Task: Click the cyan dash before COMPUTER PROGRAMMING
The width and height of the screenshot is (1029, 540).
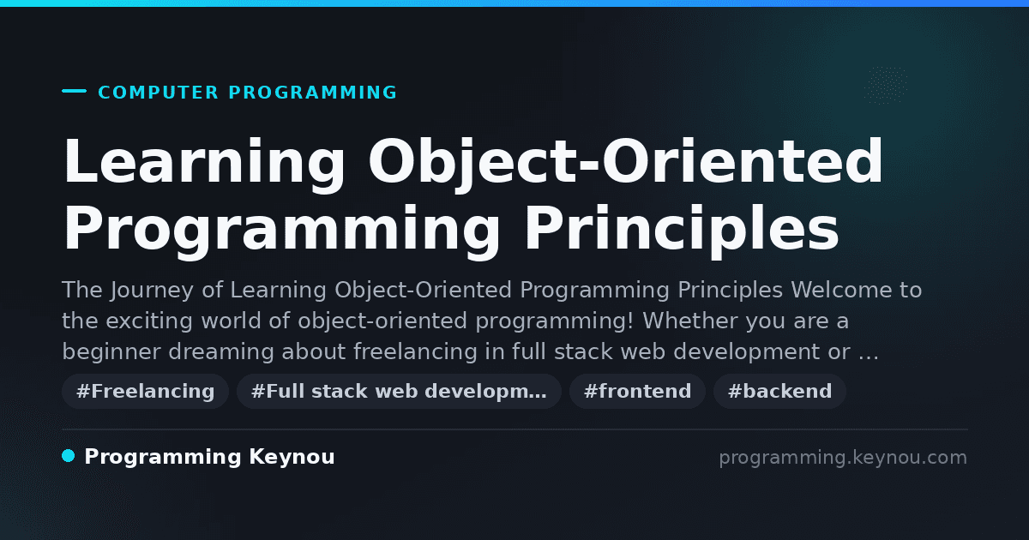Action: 74,91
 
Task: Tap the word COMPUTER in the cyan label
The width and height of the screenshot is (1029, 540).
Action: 158,93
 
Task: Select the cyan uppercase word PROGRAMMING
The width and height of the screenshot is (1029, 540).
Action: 312,93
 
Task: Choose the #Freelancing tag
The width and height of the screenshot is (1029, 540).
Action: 145,391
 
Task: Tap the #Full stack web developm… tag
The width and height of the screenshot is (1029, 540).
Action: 399,391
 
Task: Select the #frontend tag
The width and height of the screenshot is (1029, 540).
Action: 637,391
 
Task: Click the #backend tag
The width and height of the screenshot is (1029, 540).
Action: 779,391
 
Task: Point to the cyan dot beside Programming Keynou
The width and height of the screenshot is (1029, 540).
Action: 69,456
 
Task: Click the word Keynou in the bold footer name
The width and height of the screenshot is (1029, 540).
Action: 292,458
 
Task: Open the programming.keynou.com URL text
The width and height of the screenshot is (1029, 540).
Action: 843,458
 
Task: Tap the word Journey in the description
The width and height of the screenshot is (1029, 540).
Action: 152,291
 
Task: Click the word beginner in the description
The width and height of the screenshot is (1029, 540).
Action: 111,352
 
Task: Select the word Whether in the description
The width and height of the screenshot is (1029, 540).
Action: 690,321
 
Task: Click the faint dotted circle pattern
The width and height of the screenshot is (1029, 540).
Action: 886,86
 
